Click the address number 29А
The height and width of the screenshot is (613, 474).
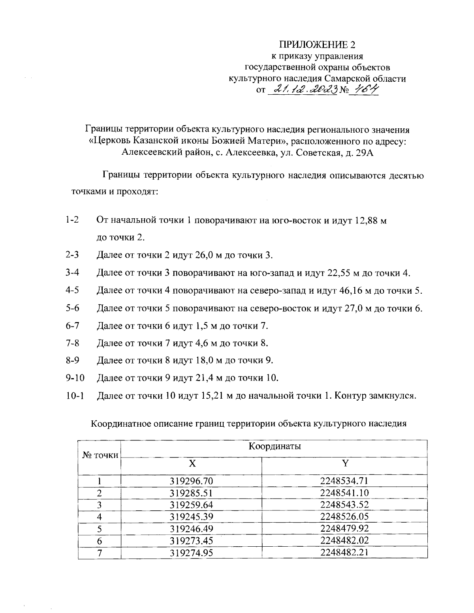(x=362, y=153)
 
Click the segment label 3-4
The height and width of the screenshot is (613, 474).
(x=73, y=273)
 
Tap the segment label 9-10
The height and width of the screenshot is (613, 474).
(x=75, y=378)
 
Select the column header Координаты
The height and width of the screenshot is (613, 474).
(x=275, y=446)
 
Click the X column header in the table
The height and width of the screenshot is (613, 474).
(x=192, y=463)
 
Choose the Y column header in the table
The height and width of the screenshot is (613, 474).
(x=345, y=463)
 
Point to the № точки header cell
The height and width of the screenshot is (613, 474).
(x=100, y=455)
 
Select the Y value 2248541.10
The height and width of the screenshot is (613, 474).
(x=344, y=493)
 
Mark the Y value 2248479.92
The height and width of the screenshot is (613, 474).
(x=344, y=529)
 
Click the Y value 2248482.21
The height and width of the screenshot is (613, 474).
(x=344, y=552)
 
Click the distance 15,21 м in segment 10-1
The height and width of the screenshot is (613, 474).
(x=217, y=395)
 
